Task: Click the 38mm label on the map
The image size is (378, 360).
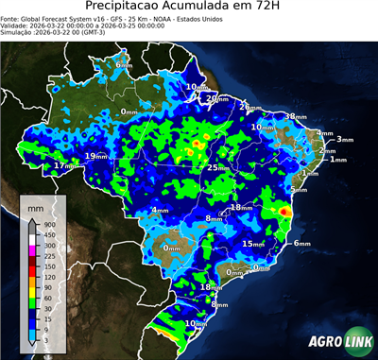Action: tap(296, 116)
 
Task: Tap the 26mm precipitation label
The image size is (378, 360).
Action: tap(249, 107)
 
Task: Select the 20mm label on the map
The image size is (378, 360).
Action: tap(217, 98)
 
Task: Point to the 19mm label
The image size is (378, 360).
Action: tap(95, 156)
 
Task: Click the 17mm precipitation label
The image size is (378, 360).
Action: tap(63, 165)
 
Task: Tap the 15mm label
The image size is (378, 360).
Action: tap(252, 244)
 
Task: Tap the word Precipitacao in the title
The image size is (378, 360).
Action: tap(136, 9)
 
